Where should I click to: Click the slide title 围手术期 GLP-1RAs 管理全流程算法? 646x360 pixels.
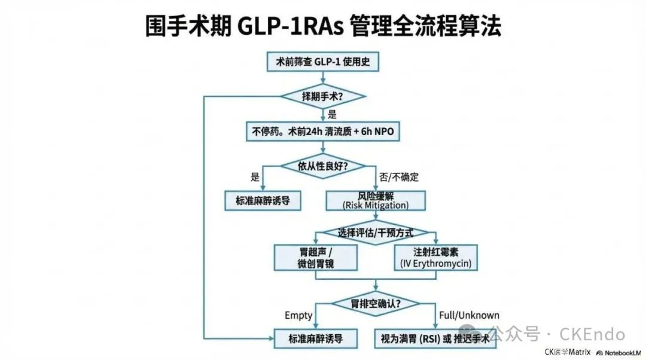(323, 26)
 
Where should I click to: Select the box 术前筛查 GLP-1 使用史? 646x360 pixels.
(323, 63)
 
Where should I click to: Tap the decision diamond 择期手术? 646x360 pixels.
(323, 96)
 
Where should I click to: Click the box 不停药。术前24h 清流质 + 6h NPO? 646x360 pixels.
(323, 131)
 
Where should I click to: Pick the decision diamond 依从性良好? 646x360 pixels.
(323, 166)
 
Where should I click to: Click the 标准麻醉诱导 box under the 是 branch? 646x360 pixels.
(263, 201)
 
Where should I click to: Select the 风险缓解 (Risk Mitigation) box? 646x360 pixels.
(376, 201)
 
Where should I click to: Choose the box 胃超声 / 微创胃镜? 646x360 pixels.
(315, 257)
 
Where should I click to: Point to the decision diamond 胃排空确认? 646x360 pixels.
(376, 303)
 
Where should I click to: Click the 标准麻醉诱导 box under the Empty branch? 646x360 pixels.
(315, 339)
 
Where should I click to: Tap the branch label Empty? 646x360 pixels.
(298, 315)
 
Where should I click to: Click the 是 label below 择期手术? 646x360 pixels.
(333, 113)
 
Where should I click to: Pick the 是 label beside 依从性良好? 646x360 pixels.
(255, 177)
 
